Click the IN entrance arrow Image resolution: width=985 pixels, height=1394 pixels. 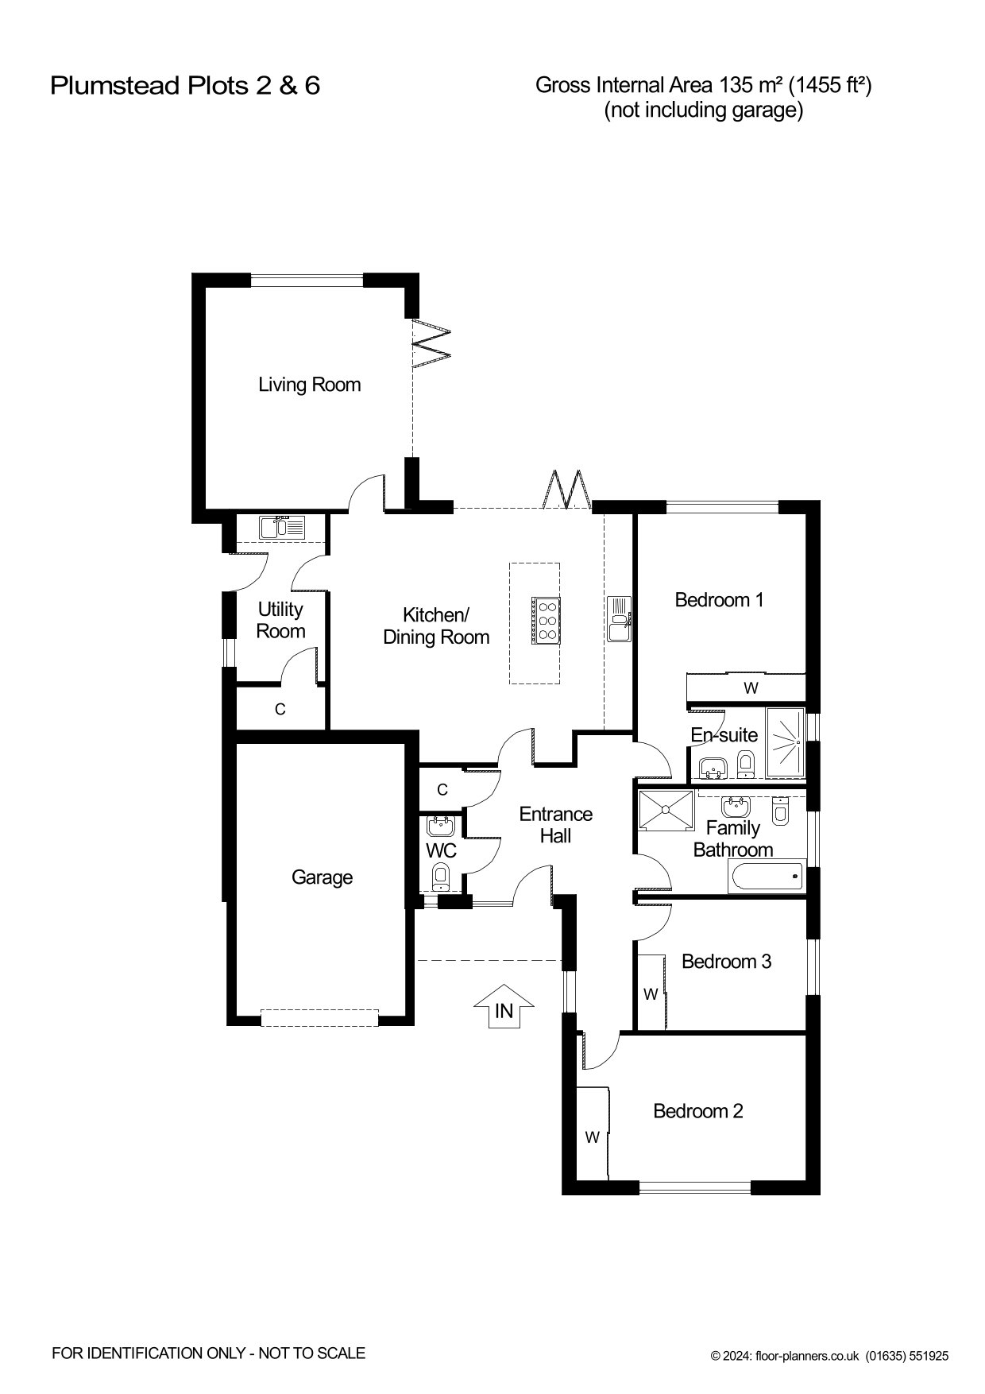click(504, 1007)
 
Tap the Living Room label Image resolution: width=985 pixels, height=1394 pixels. click(309, 385)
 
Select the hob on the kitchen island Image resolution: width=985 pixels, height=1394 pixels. click(545, 618)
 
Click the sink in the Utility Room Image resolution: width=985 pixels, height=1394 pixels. click(282, 527)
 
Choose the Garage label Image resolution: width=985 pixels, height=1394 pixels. click(322, 877)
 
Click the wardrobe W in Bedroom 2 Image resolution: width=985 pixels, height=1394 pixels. click(593, 1136)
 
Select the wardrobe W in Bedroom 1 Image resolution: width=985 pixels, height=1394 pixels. click(751, 687)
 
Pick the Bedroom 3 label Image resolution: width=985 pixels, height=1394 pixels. click(726, 962)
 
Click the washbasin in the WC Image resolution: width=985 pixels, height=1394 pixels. click(441, 826)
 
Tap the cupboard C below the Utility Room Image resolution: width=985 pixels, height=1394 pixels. click(280, 709)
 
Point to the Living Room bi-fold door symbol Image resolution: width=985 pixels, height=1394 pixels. click(431, 343)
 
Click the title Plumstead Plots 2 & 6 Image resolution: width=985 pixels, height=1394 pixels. click(185, 85)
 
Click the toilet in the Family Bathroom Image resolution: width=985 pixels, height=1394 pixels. click(781, 811)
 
